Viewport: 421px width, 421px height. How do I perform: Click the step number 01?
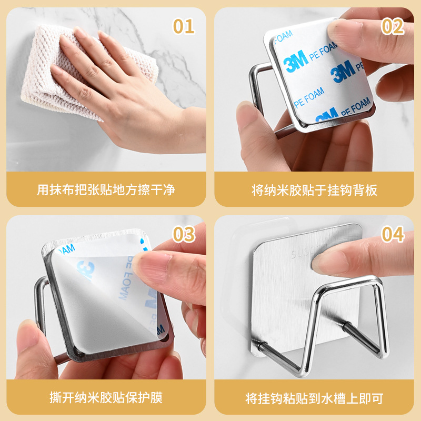pyautogui.click(x=184, y=26)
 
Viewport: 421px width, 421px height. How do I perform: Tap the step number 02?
pyautogui.click(x=392, y=26)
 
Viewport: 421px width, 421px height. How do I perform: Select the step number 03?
pyautogui.click(x=184, y=234)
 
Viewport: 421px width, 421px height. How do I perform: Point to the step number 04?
pyautogui.click(x=393, y=234)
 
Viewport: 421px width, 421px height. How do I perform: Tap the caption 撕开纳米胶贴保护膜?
pyautogui.click(x=106, y=397)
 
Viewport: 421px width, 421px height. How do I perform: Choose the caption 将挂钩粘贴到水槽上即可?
pyautogui.click(x=315, y=397)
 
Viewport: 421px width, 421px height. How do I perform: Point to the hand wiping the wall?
pyautogui.click(x=121, y=95)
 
